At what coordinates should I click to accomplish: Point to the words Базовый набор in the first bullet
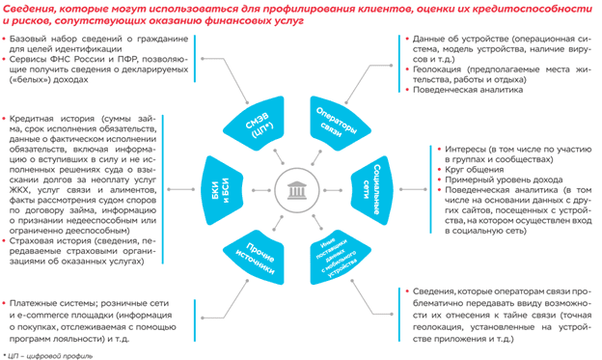click(x=41, y=40)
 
